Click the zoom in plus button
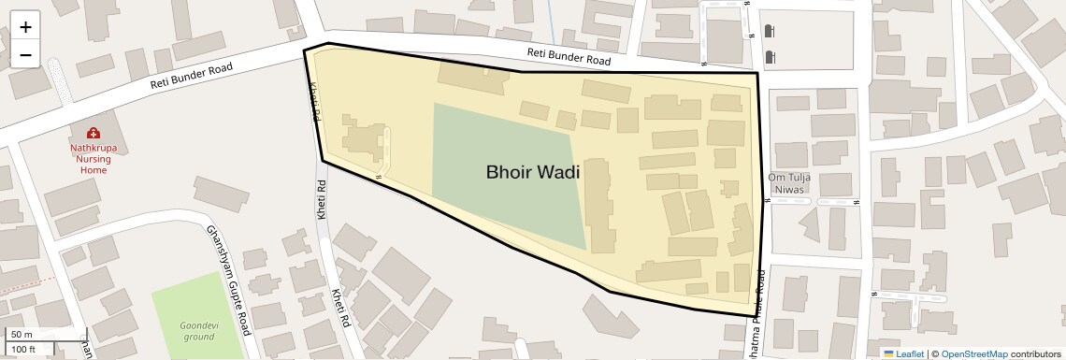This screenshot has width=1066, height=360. [x=25, y=26]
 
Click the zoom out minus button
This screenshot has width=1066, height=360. [x=25, y=54]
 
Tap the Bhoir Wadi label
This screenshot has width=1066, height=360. [x=532, y=172]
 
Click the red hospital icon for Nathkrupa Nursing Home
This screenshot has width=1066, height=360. [x=94, y=134]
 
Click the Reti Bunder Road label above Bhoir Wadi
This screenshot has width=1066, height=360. [x=569, y=56]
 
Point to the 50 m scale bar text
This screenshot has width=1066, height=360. [x=22, y=335]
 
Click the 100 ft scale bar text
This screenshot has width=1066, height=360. [x=24, y=349]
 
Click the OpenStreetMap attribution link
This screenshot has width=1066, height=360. [x=973, y=353]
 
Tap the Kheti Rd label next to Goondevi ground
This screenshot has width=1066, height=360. [x=339, y=309]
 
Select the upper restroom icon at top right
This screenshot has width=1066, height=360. [x=770, y=32]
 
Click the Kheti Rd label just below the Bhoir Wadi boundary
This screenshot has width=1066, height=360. [x=321, y=199]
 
